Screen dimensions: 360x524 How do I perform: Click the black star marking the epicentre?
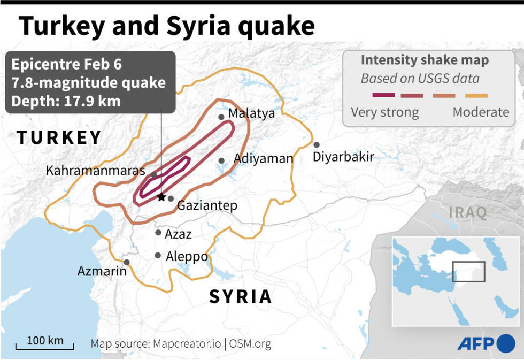pos(161,197)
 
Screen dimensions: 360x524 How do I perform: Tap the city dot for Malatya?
pos(221,117)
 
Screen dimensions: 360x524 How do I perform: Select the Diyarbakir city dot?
pos(317,144)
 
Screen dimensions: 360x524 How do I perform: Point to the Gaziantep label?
pos(207,206)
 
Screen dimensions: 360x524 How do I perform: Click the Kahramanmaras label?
pos(95,171)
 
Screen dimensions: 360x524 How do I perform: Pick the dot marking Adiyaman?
pos(221,160)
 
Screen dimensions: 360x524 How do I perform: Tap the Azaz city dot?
pos(158,232)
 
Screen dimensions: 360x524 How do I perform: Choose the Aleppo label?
pos(186,257)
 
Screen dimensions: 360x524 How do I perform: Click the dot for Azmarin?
pos(127,262)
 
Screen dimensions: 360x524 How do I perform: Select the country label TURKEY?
pos(59,137)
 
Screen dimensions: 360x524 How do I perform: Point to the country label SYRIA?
pos(240,296)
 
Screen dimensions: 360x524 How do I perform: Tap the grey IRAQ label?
pos(468,213)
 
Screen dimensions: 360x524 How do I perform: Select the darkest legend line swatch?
pos(383,95)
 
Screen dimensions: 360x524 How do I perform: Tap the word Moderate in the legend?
pos(481,112)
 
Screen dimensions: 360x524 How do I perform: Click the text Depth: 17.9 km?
pos(66,101)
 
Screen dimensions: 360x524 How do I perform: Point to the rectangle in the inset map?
pos(468,271)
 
